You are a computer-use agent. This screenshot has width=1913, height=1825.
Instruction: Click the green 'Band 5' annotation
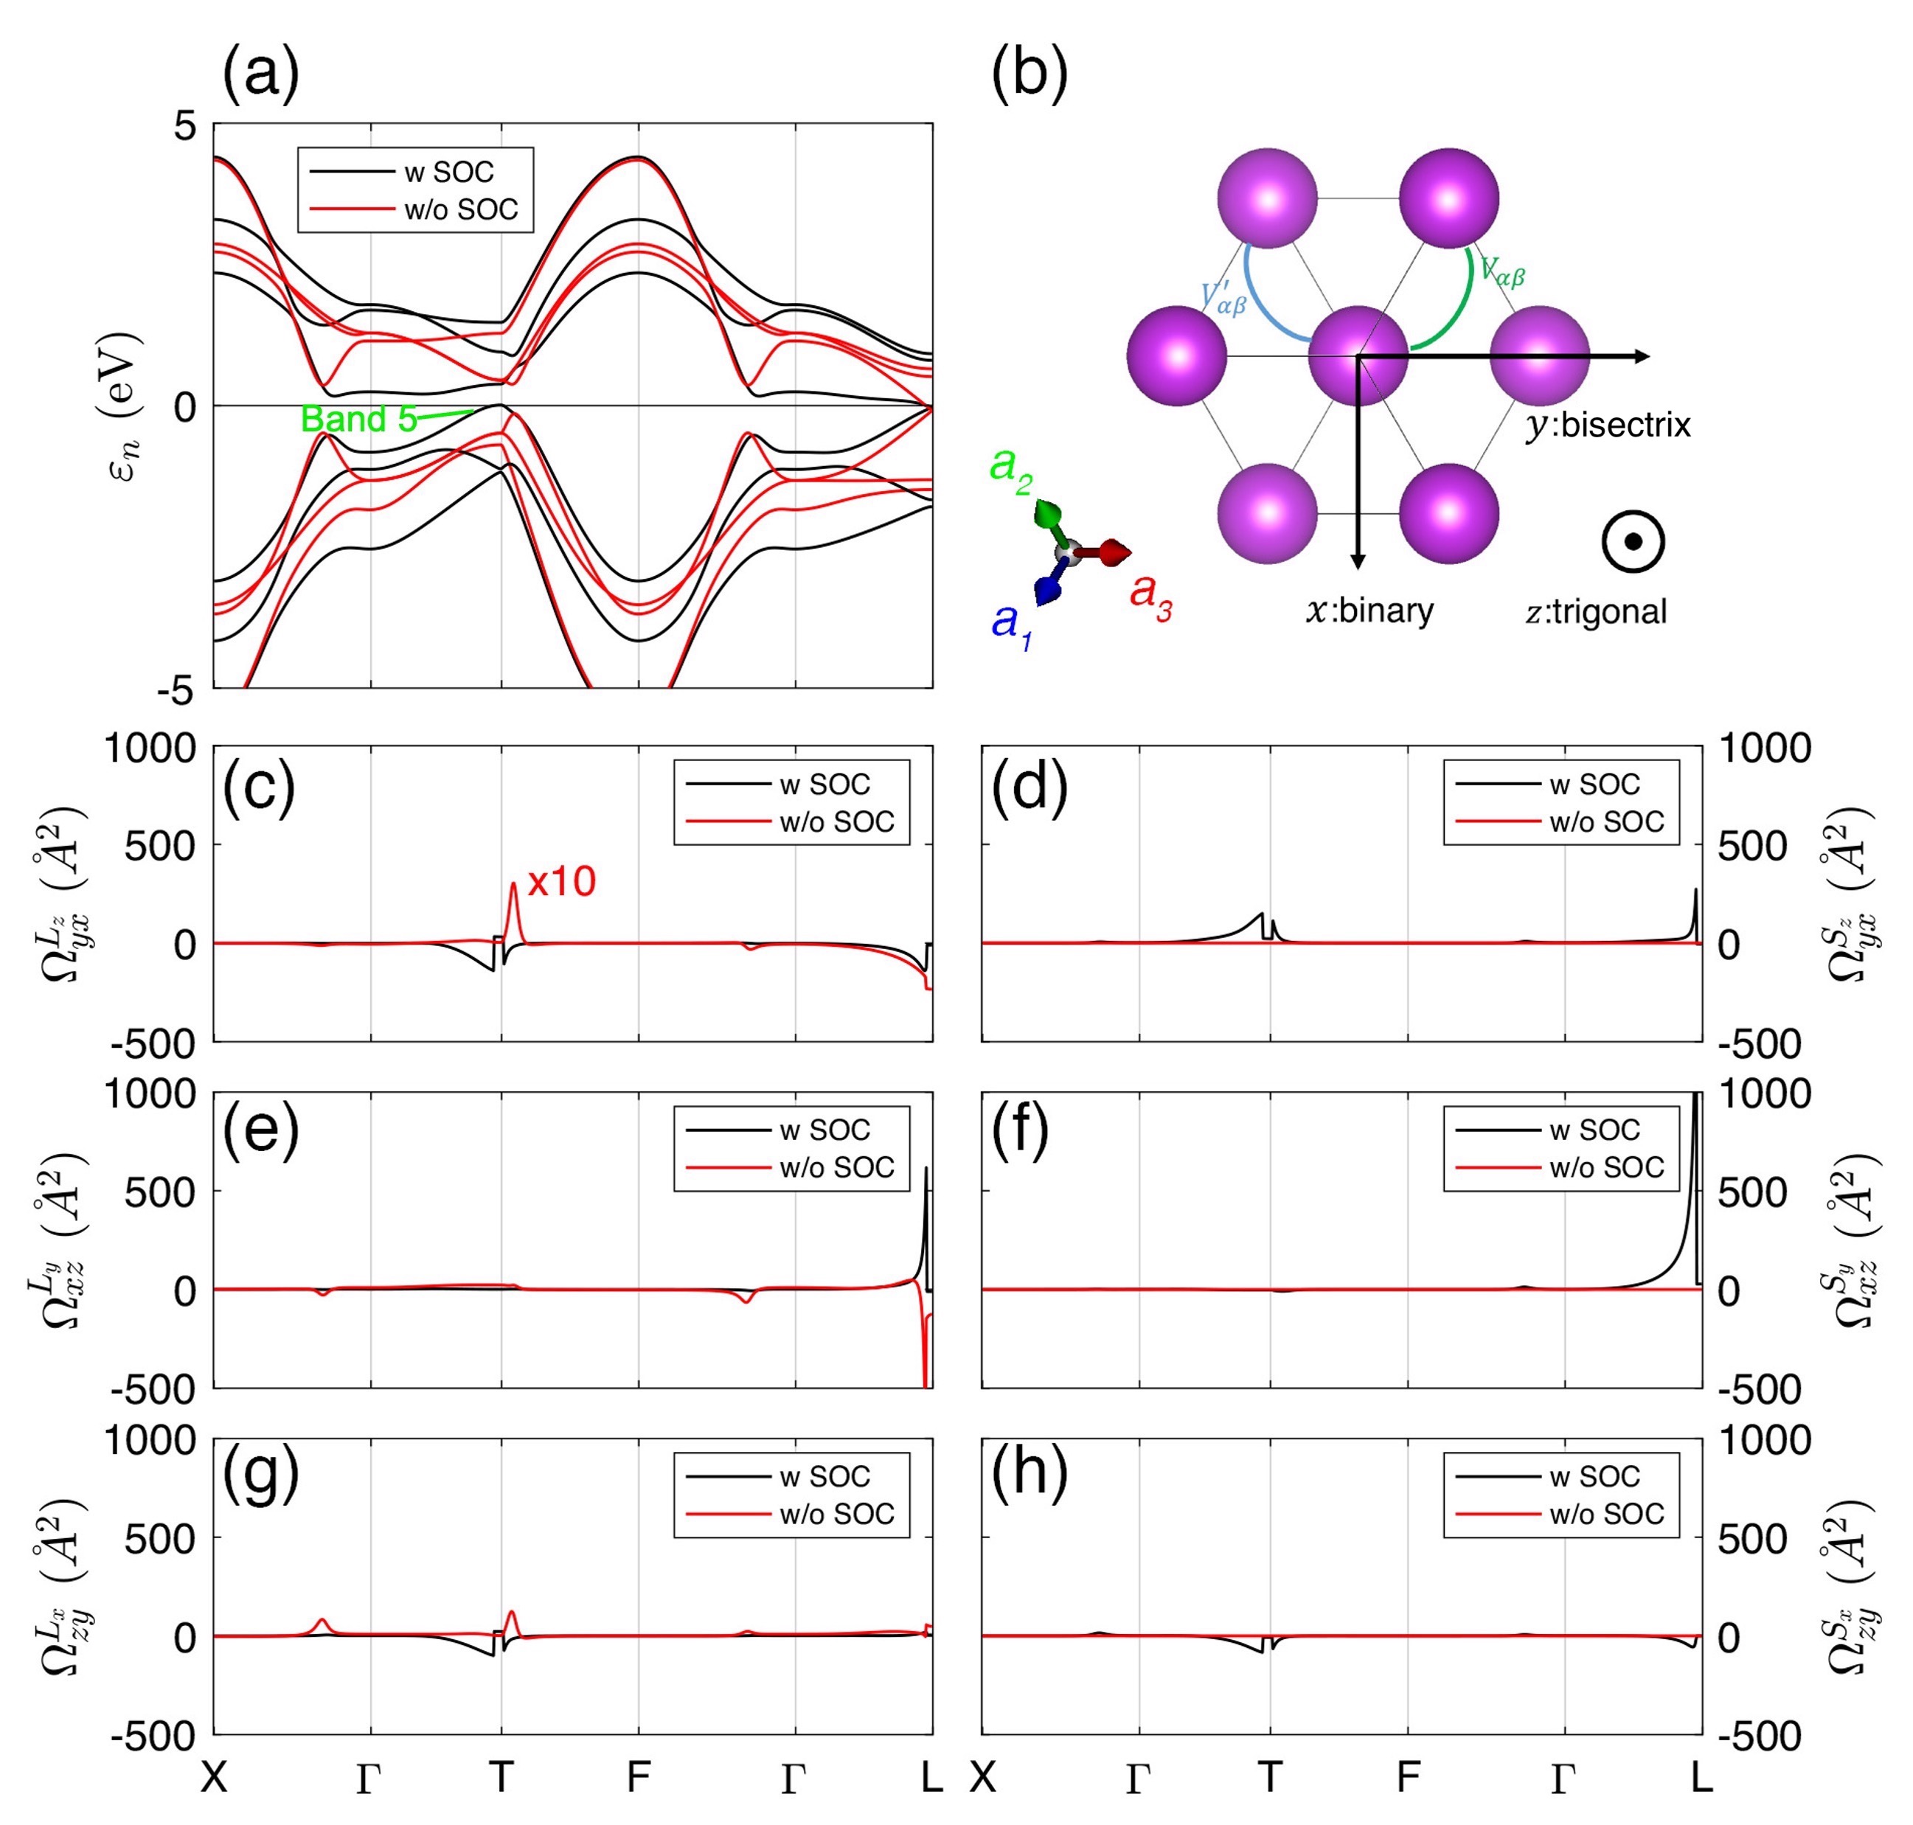358,420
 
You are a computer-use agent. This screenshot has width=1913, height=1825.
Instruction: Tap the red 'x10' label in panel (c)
561,883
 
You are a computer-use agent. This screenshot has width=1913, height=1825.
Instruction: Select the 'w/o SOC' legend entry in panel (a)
460,210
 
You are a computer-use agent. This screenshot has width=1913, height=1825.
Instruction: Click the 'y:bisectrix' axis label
1608,425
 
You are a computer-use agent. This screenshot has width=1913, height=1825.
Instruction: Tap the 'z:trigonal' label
1596,612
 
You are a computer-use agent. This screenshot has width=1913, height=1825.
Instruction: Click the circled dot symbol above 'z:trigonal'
1633,542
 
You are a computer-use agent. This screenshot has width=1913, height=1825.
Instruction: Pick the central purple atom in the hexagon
1358,355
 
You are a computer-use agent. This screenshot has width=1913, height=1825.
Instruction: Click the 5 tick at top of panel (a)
185,127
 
